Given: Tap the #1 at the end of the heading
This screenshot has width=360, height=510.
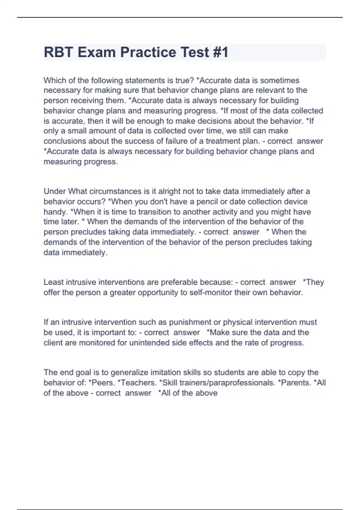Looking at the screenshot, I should point(220,52).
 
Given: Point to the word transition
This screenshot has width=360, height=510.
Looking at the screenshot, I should point(154,212).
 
